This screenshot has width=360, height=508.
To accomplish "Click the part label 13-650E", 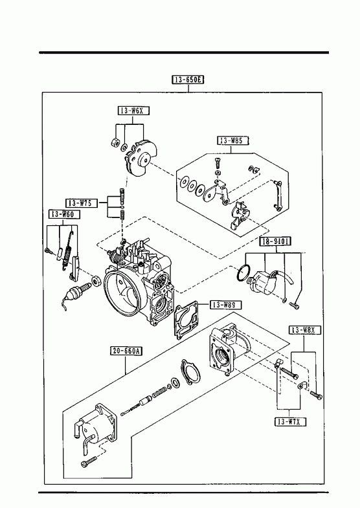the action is (x=188, y=80).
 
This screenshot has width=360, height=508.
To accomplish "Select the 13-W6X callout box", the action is (x=133, y=111).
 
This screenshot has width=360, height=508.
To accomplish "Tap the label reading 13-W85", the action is (x=233, y=140).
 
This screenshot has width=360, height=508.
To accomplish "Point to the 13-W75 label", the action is (x=82, y=203).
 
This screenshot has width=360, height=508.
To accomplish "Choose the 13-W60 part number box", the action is (x=64, y=214).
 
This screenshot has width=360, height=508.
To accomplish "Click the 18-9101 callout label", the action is (x=275, y=241).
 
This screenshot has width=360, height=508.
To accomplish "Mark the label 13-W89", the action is (x=226, y=305).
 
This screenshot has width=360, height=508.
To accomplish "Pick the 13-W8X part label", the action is (x=305, y=330).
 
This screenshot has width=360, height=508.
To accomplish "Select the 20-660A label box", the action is (x=127, y=351).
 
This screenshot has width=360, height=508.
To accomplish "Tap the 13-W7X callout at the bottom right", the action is (x=290, y=421).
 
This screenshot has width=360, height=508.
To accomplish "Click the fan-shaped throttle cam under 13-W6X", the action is (x=141, y=159).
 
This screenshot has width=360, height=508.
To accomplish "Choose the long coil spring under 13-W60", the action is (x=67, y=251).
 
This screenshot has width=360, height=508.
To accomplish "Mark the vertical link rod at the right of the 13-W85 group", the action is (x=278, y=196).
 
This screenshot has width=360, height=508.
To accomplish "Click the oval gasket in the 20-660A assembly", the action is (x=190, y=372).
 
